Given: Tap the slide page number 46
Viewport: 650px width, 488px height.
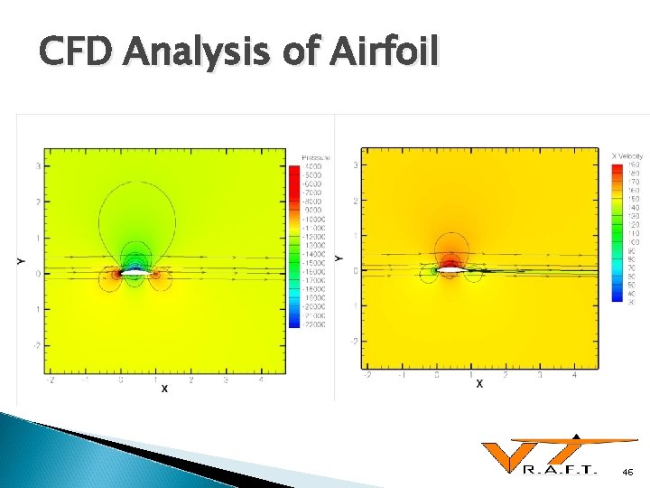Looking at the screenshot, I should (x=628, y=473).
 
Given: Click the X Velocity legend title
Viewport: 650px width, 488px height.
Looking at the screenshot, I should (x=628, y=157).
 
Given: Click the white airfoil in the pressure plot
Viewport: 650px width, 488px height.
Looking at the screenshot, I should (x=135, y=271).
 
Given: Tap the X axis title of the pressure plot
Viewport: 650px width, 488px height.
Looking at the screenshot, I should (x=164, y=389).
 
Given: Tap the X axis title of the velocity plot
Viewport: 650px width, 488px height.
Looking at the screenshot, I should (x=479, y=383).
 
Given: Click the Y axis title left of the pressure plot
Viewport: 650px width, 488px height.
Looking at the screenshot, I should (x=20, y=261).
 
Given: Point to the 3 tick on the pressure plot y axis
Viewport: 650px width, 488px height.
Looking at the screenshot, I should (x=37, y=166).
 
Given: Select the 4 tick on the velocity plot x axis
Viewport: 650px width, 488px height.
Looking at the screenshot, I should (x=575, y=373).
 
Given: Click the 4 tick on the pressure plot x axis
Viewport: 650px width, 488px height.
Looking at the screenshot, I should (x=261, y=380).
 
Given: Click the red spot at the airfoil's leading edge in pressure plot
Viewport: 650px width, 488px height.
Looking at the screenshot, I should (x=116, y=272).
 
